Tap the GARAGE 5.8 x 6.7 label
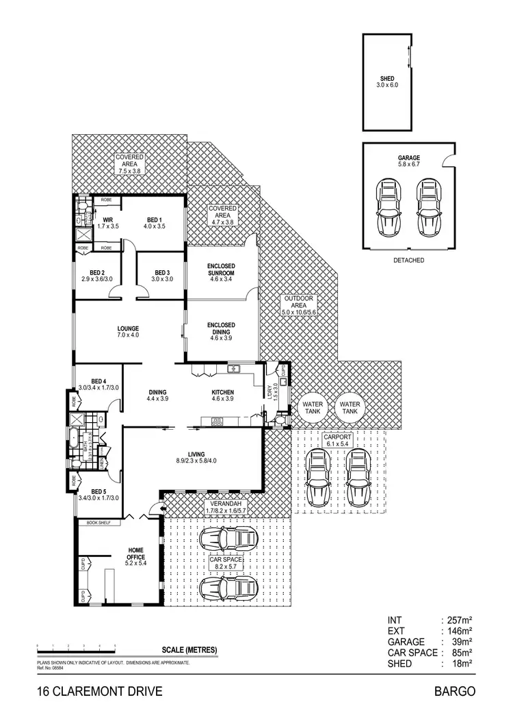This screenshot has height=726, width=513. point(409,161)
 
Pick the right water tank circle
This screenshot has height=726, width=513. point(350,408)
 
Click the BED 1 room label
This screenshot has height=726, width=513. point(153,222)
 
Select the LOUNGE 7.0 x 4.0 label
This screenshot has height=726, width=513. point(128,331)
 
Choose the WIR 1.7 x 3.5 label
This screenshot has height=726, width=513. point(108,222)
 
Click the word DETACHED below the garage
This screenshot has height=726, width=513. point(409,260)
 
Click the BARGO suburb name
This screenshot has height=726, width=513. point(454,691)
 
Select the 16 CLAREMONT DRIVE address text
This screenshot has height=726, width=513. point(100,691)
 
